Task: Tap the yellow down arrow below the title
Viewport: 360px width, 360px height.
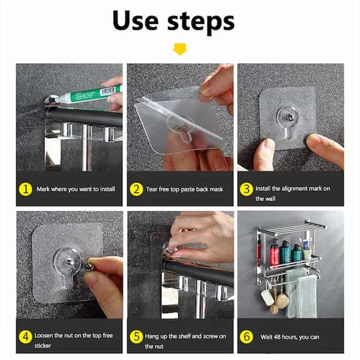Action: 179,49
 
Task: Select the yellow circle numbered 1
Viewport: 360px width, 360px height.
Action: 25,189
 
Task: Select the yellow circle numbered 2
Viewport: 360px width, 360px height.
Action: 136,189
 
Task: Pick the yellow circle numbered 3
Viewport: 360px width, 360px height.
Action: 247,189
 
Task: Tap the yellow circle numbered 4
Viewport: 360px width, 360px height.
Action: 25,336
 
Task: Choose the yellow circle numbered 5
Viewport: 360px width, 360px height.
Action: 136,336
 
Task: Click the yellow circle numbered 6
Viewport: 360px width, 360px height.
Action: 247,336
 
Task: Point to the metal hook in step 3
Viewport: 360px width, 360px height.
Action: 289,114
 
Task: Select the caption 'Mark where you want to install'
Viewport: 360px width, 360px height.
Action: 76,190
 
